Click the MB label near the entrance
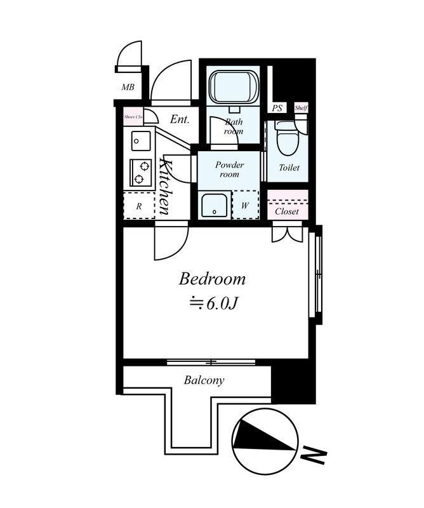pyautogui.click(x=128, y=87)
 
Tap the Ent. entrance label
pyautogui.click(x=180, y=119)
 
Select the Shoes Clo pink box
pyautogui.click(x=133, y=117)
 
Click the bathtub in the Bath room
pyautogui.click(x=233, y=87)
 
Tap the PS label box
pyautogui.click(x=277, y=108)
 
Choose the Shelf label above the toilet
pyautogui.click(x=301, y=108)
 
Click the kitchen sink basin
pyautogui.click(x=141, y=141)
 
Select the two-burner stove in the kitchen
pyautogui.click(x=140, y=172)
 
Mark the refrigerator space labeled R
pyautogui.click(x=139, y=206)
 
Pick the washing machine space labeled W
pyautogui.click(x=245, y=204)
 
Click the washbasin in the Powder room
pyautogui.click(x=214, y=205)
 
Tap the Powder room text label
pyautogui.click(x=230, y=170)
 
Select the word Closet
pyautogui.click(x=287, y=211)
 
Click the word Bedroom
pyautogui.click(x=212, y=279)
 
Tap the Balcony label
pyautogui.click(x=204, y=380)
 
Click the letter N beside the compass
pyautogui.click(x=313, y=456)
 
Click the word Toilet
pyautogui.click(x=289, y=168)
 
